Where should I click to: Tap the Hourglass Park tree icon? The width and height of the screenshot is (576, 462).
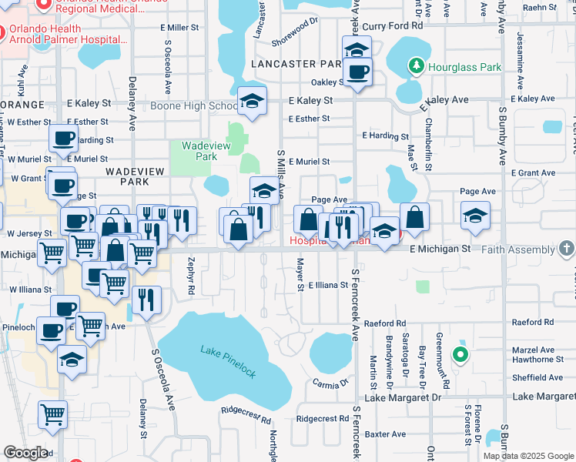click(417, 65)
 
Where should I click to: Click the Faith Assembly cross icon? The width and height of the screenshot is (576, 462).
click(567, 249)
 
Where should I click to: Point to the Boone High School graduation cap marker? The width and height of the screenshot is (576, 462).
click(251, 99)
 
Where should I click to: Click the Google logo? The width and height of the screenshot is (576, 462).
click(25, 453)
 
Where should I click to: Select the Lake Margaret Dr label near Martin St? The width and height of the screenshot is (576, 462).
click(402, 397)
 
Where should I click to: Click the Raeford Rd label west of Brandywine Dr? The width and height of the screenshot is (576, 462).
click(384, 323)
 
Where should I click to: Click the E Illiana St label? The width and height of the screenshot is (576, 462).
click(328, 285)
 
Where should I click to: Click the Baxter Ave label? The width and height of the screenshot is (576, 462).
click(385, 434)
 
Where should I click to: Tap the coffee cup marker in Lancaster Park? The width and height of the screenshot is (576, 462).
click(357, 73)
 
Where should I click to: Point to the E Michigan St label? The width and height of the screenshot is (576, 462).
click(440, 249)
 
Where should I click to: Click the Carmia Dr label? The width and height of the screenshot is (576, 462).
click(331, 382)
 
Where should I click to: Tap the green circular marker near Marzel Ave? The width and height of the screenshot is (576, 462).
click(460, 354)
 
